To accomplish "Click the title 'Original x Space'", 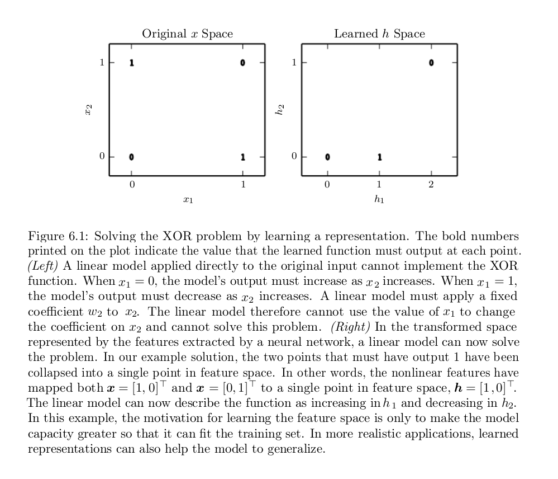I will [187, 34].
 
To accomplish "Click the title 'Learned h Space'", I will [379, 34].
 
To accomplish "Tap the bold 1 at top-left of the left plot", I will [131, 63].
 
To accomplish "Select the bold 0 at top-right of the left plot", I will [242, 63].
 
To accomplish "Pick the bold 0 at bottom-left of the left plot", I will [131, 157].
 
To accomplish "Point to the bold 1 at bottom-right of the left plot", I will [242, 157].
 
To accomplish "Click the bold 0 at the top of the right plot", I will [431, 63].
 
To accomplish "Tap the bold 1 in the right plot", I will [379, 157].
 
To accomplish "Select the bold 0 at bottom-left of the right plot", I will [327, 157].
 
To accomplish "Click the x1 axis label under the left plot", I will [188, 200].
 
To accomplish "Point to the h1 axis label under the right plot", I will [379, 199].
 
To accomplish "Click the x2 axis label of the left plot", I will [88, 110].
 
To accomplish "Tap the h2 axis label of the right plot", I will [280, 110].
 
